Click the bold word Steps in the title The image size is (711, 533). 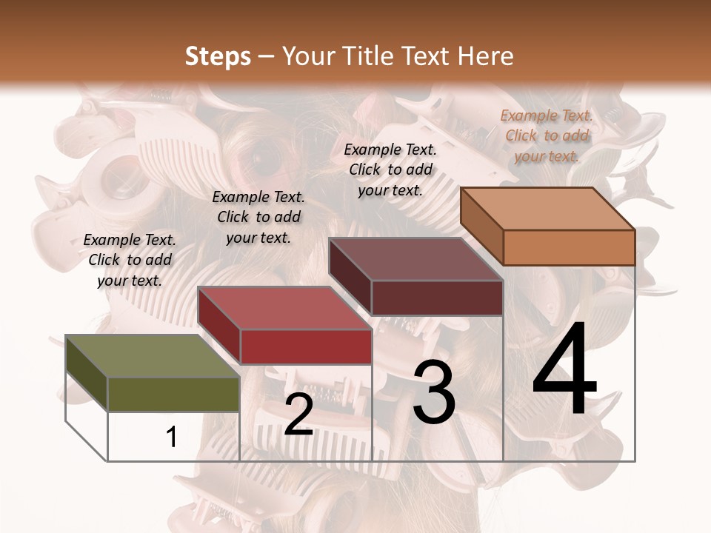pos(218,56)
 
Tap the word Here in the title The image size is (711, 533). pos(486,56)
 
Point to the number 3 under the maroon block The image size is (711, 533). pos(434,392)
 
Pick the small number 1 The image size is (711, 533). pos(172,437)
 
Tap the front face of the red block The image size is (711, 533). pos(306,346)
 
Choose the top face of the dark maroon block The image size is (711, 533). pos(415,259)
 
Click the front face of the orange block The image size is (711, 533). pos(569,247)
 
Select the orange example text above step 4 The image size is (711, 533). pos(547,135)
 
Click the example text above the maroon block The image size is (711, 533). pos(390,170)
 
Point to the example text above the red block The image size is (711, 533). pos(258,217)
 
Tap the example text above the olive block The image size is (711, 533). pos(130,260)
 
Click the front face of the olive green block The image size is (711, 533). pos(173,394)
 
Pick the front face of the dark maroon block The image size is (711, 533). pos(437,298)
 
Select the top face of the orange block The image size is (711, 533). pos(547,209)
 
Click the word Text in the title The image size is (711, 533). pos(432,56)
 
